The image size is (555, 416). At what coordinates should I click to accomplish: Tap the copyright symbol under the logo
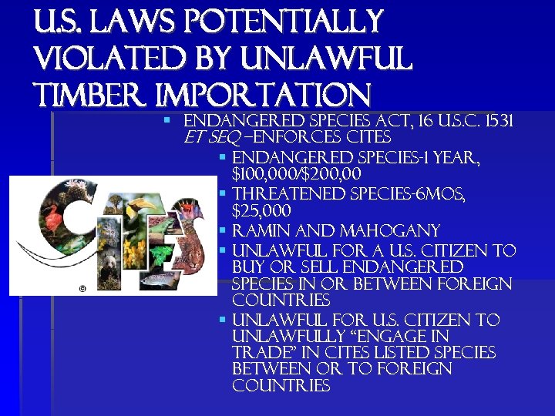pos(82,288)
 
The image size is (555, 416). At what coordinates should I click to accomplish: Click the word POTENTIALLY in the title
pos(291,21)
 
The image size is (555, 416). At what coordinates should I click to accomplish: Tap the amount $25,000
pos(261,211)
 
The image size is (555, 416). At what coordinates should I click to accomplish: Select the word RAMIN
pos(258,231)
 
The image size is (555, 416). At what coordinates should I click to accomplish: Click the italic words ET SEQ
pos(210,139)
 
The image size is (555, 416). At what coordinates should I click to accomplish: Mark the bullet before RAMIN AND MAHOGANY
pos(221,231)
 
